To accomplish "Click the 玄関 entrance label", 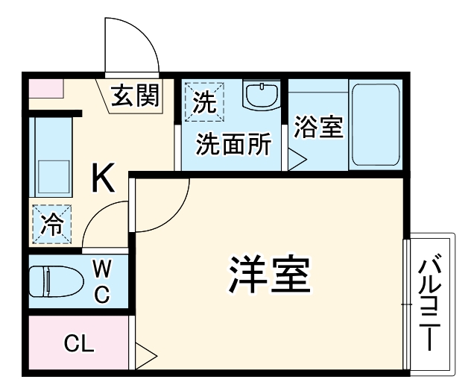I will pyautogui.click(x=136, y=96).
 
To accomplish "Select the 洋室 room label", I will pyautogui.click(x=269, y=276).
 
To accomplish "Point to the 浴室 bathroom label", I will pyautogui.click(x=318, y=128).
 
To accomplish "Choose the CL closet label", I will pyautogui.click(x=78, y=344).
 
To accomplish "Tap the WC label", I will pyautogui.click(x=101, y=281).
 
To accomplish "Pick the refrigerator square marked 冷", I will pyautogui.click(x=51, y=223).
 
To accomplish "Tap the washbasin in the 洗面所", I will pyautogui.click(x=261, y=96).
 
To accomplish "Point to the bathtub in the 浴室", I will pyautogui.click(x=376, y=125).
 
